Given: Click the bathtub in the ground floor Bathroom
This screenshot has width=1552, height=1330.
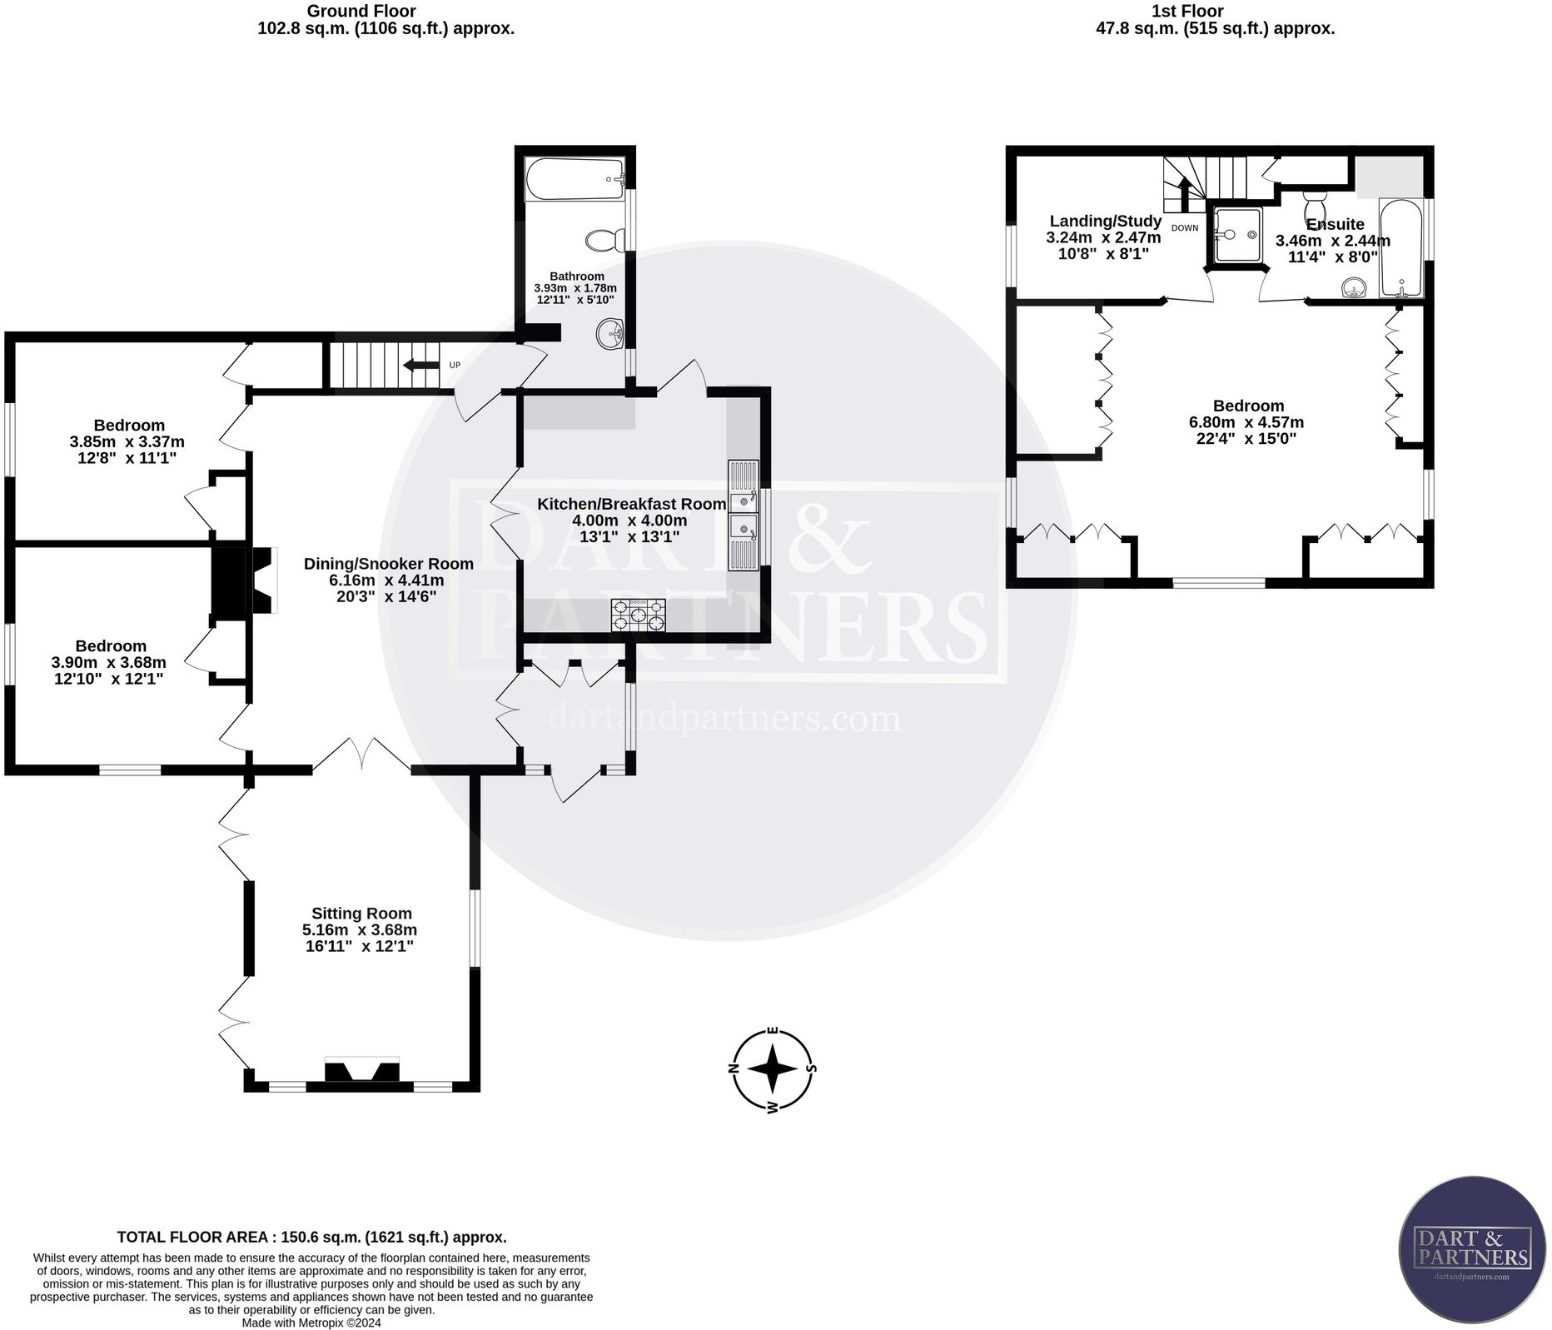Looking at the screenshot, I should [575, 179].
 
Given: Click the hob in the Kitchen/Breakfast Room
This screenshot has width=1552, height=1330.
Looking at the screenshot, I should [639, 615].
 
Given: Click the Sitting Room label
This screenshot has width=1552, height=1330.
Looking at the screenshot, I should [361, 913].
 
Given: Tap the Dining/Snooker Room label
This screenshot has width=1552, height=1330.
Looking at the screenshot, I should [388, 564].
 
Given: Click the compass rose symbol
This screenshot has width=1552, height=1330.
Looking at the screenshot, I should [773, 1069].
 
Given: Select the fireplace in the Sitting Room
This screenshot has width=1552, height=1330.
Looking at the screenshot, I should [361, 1071].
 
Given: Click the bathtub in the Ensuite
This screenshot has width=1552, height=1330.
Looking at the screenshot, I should [1401, 248].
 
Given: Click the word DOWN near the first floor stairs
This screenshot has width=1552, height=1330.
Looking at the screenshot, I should [1185, 227].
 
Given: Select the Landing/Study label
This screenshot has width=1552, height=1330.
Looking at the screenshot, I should [1105, 221].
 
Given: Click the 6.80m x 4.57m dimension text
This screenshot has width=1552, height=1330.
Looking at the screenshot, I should [1246, 422].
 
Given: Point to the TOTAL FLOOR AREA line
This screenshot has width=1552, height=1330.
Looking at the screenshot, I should [311, 1237].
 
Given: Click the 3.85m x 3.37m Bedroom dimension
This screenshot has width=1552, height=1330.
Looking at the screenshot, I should [128, 441].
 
